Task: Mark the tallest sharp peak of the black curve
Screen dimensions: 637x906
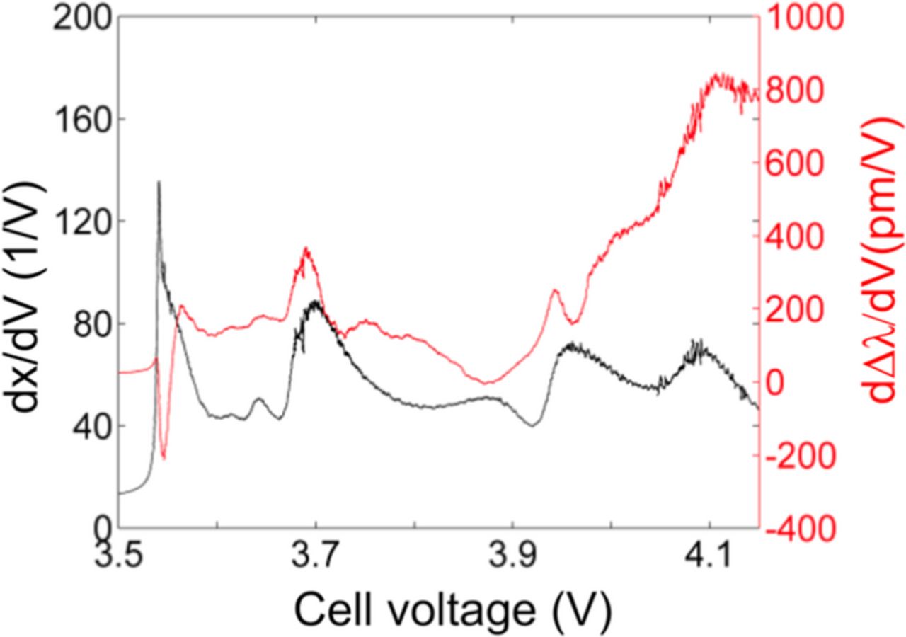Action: tap(159, 183)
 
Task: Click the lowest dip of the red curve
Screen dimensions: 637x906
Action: tap(164, 458)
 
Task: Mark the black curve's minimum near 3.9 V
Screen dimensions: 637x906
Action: tap(532, 425)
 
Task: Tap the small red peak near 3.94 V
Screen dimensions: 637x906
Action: tap(556, 290)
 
